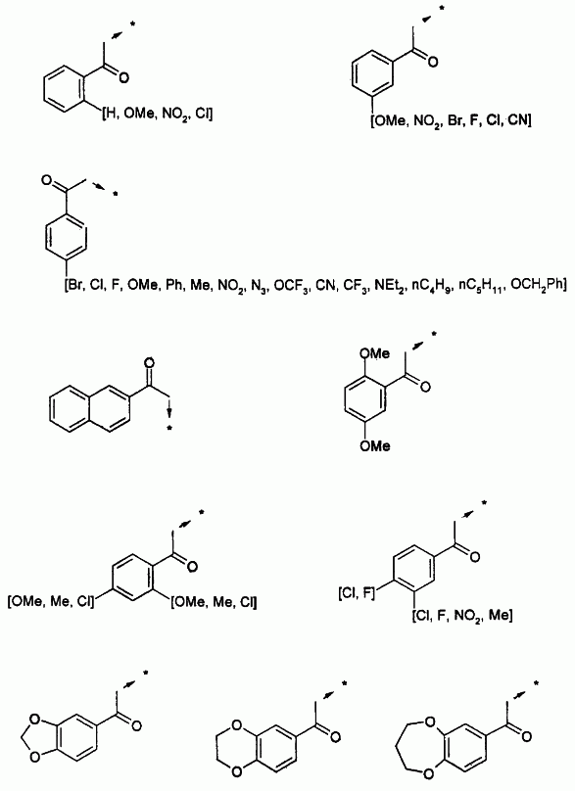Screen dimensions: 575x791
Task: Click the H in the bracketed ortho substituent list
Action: pos(109,115)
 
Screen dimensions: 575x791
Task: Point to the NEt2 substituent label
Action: pos(389,287)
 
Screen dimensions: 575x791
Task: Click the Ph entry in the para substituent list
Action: pos(174,286)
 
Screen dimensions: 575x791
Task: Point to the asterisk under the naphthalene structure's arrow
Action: pos(169,429)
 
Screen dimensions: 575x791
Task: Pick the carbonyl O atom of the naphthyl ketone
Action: pos(150,363)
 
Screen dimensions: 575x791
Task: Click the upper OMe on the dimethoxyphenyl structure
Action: pos(374,353)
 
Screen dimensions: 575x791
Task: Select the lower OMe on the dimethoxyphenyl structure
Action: pos(375,446)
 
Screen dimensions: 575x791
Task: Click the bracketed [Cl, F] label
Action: pos(357,594)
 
